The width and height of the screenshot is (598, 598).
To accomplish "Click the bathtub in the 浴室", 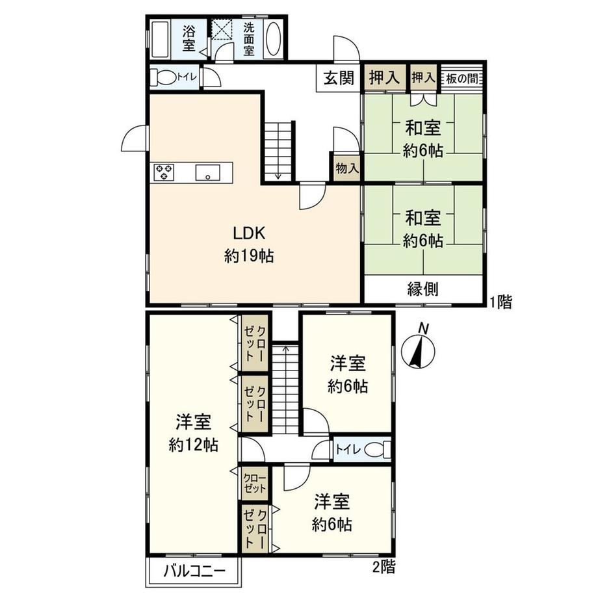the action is point(160,39).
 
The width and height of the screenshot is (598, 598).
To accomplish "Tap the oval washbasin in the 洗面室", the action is point(273,39).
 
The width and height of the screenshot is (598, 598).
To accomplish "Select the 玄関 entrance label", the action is point(339,78).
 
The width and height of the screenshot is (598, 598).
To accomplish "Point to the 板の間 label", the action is point(461,79).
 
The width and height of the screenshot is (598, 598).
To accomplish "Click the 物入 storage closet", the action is point(346,168).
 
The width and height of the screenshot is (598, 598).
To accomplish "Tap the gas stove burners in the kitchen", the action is point(164,172).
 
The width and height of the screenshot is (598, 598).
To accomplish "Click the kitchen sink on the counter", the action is point(207,172).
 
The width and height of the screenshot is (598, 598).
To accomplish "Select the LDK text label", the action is point(249,233).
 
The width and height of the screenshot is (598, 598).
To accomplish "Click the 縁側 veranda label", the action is point(423,289).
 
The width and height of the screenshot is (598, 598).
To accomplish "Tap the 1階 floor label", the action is point(500,302).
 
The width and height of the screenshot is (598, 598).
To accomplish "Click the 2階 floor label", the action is point(384,567).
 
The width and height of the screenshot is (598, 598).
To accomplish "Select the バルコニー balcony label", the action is point(195,571).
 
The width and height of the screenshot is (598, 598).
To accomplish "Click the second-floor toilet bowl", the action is point(378,450).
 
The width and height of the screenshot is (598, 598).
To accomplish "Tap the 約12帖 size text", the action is point(193,445).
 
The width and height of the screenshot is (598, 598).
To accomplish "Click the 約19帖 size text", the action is point(249,256).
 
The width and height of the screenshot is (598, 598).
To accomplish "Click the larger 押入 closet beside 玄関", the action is point(385,78).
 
